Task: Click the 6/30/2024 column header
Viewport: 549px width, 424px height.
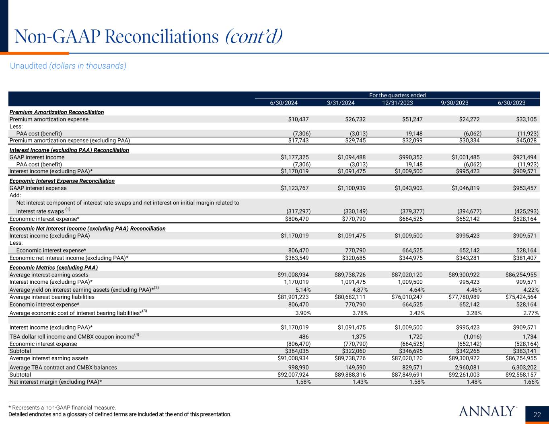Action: [x=284, y=103]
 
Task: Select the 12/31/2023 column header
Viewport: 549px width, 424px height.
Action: [x=397, y=103]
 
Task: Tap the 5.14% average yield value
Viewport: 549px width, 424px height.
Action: [x=302, y=290]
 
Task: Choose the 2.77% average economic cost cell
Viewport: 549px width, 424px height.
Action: [x=530, y=313]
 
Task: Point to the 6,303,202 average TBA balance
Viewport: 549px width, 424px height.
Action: [x=522, y=367]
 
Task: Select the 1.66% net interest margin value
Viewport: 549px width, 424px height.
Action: [x=530, y=382]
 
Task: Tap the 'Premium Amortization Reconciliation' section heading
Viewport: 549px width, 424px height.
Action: [x=57, y=112]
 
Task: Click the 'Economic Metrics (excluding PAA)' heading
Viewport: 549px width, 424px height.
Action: [x=54, y=268]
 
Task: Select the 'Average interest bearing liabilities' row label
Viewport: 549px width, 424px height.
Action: [x=52, y=297]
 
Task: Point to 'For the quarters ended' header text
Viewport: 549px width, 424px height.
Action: [x=397, y=95]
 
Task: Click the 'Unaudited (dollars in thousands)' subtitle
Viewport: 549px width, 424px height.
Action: [x=68, y=66]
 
